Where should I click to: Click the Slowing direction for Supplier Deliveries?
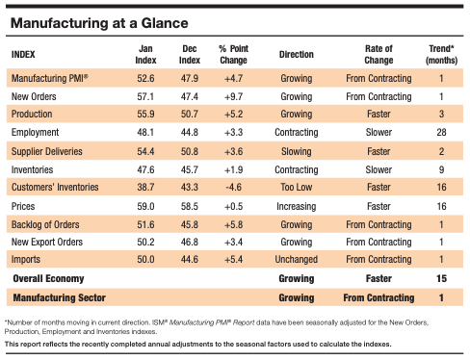coord(296,152)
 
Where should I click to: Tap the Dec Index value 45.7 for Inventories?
coord(191,170)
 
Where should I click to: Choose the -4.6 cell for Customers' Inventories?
coord(235,189)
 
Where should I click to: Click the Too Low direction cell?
coord(296,189)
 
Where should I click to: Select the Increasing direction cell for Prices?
coord(296,206)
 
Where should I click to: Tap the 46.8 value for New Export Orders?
coord(191,243)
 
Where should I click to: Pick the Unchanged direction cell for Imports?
coord(296,261)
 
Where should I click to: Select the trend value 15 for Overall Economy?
coord(440,280)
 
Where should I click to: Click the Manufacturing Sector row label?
coord(60,298)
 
